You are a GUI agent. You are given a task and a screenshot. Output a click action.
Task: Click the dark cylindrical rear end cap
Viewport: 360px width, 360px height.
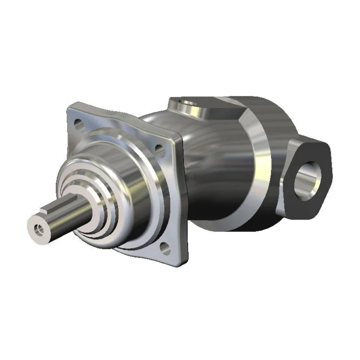click(270, 117)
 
